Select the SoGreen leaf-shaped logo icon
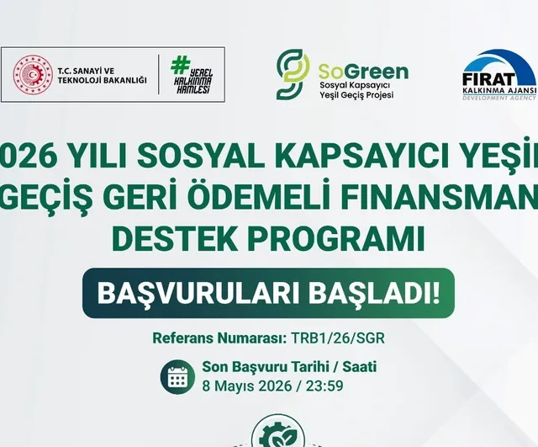pyautogui.click(x=292, y=74)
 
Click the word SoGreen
pyautogui.click(x=363, y=70)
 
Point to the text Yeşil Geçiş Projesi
pyautogui.click(x=356, y=95)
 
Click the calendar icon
pyautogui.click(x=177, y=378)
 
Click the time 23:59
pyautogui.click(x=324, y=387)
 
